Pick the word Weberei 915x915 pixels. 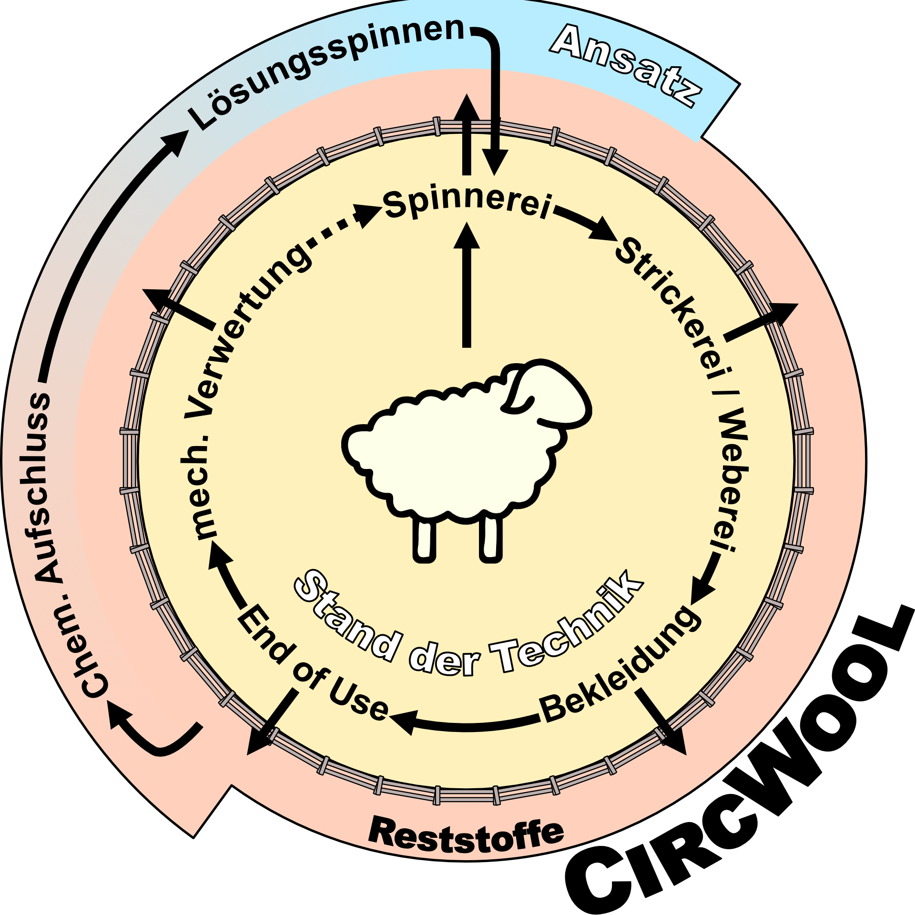pos(729,481)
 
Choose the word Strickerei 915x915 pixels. pos(667,305)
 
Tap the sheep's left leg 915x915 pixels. pos(424,541)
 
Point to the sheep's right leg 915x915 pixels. pos(491,541)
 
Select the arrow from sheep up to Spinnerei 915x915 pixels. pos(467,286)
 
